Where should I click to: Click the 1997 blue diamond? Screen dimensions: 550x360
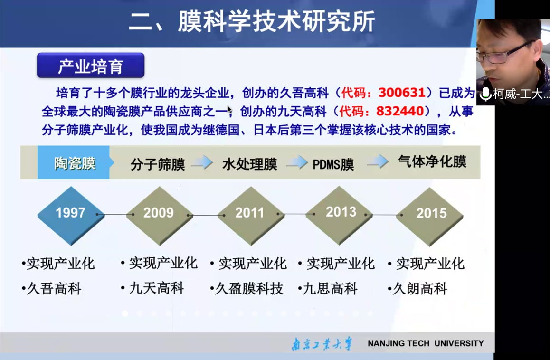71,216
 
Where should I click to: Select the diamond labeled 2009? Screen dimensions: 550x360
160,216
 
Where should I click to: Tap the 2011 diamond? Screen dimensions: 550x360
251,216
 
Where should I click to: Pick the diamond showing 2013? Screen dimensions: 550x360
339,215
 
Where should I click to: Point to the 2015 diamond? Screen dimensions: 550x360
430,216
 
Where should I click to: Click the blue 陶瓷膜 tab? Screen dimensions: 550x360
75,162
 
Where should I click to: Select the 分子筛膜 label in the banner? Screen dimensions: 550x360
158,164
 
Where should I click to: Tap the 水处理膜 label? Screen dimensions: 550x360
249,164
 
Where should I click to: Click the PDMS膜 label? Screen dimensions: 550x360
333,164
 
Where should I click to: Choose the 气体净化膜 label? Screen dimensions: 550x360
432,162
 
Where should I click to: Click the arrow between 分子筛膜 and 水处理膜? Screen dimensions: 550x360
202,162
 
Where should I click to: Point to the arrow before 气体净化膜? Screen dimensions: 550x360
378,162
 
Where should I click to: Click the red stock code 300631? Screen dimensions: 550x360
402,93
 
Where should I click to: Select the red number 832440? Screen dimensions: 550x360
400,111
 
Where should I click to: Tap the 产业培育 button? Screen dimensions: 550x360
91,65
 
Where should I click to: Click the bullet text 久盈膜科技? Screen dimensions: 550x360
249,289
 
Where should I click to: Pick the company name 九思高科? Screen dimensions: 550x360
330,289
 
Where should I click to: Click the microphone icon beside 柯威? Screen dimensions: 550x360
485,94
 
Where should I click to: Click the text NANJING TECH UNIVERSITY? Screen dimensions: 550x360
426,343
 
